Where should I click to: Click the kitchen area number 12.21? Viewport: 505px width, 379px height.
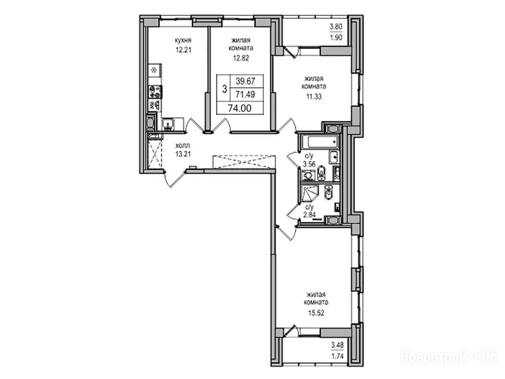[183, 50]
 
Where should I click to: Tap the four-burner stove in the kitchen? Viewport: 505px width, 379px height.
[155, 92]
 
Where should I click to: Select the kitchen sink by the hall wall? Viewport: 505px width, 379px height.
[168, 124]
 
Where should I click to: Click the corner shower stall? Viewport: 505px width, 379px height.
[308, 193]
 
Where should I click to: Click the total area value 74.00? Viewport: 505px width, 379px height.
[240, 108]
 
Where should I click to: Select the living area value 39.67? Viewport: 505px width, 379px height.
[246, 81]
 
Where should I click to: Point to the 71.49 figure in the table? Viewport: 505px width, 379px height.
[246, 94]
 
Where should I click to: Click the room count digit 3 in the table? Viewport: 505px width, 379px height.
[224, 88]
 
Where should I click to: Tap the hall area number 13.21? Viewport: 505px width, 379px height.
[183, 154]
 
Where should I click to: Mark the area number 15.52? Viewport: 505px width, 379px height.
[316, 312]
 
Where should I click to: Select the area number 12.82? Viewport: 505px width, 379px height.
[241, 58]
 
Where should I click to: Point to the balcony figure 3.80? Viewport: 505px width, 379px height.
[336, 27]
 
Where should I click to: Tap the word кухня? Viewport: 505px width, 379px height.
[183, 40]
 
